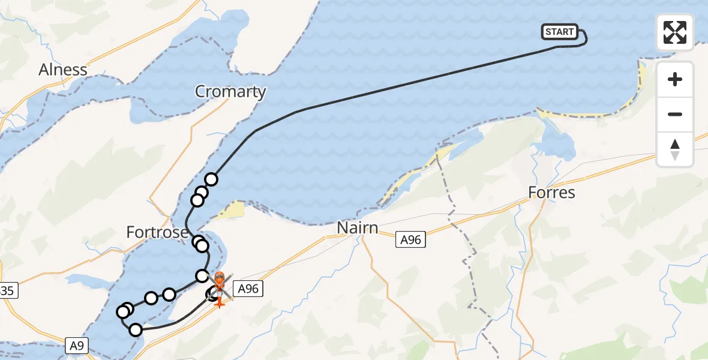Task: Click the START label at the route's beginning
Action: click(560, 32)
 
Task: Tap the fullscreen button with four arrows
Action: click(675, 32)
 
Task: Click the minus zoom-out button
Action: click(675, 114)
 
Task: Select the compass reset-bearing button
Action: click(675, 149)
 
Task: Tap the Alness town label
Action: click(63, 70)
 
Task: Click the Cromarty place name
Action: click(230, 91)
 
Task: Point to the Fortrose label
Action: click(157, 232)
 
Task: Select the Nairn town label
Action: click(358, 228)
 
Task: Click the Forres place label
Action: click(552, 193)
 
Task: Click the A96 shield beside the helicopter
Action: click(248, 289)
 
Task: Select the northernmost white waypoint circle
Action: click(211, 179)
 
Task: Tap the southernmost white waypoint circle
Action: click(136, 329)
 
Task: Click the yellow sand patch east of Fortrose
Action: click(233, 210)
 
